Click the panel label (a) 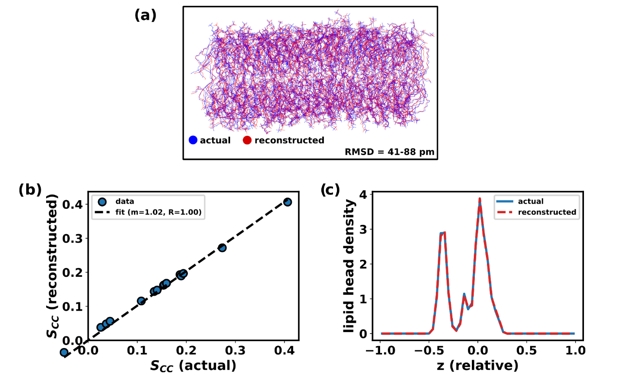pos(145,16)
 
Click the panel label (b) pos(30,190)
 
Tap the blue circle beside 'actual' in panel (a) pos(193,141)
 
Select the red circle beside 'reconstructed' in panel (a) pos(247,141)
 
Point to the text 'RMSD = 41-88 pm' pos(389,152)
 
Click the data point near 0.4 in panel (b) pos(287,202)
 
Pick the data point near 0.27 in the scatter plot pos(222,248)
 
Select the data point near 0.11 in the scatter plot pos(141,301)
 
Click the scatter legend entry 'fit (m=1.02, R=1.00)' pos(159,212)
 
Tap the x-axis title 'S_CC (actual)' pos(192,364)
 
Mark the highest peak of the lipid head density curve pos(480,199)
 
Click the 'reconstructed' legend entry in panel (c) pos(547,212)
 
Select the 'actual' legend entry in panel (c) pos(531,201)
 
